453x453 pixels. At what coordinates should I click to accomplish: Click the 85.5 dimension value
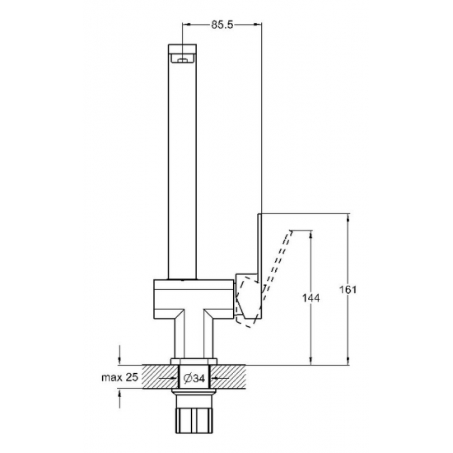(222, 25)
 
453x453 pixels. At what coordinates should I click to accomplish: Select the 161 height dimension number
(348, 289)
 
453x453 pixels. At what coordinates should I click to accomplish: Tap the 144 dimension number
(311, 298)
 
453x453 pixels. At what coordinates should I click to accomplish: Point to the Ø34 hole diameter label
(194, 378)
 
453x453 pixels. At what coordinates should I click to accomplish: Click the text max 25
(120, 377)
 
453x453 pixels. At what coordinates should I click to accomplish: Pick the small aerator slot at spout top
(182, 60)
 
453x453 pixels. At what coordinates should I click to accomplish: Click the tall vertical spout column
(182, 161)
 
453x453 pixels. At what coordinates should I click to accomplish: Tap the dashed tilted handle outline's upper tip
(292, 231)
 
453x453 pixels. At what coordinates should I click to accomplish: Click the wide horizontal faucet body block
(194, 299)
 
